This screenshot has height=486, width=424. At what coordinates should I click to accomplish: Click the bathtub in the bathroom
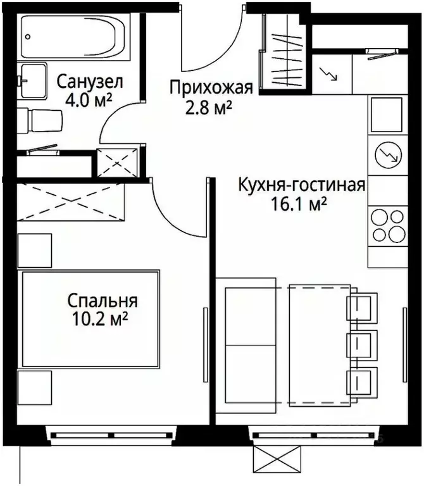(75, 37)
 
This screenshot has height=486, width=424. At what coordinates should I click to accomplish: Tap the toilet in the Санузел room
(41, 119)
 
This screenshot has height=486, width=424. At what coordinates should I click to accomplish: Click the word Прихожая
(211, 87)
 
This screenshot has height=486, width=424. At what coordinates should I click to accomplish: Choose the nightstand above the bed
(34, 250)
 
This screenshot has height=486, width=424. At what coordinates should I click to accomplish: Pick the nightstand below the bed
(34, 388)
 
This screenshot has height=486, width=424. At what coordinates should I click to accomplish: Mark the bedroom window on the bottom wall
(111, 435)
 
